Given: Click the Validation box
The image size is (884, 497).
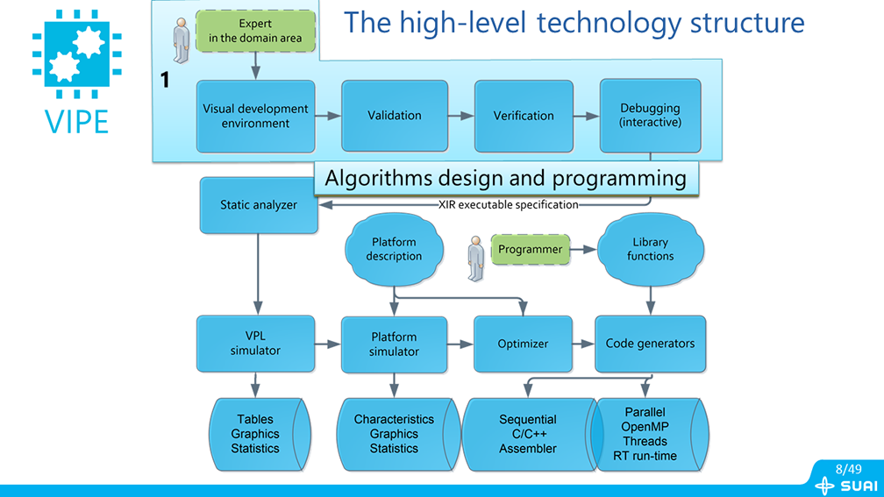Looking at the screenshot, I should (395, 116).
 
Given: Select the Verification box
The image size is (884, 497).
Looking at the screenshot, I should (524, 116).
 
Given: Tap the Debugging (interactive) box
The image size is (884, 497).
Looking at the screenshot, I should (650, 116).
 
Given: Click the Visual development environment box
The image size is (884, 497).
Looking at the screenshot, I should (256, 116).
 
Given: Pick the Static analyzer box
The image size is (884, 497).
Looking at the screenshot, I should (258, 205).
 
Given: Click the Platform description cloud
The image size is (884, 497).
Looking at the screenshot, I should (394, 249).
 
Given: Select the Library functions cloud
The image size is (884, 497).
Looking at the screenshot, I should (650, 249).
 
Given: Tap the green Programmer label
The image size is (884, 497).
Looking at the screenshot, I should (531, 250).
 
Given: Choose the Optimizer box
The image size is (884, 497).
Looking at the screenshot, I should (523, 344).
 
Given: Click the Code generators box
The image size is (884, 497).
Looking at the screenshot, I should (650, 344).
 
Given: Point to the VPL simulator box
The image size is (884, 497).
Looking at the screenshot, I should (256, 344).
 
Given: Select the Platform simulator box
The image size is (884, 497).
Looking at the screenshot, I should (394, 344).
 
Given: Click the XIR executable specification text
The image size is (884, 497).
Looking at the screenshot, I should (509, 205).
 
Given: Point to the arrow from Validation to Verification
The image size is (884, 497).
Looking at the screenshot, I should (461, 116).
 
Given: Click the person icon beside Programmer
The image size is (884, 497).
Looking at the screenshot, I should (475, 257).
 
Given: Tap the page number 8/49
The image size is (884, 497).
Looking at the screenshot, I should (848, 470).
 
